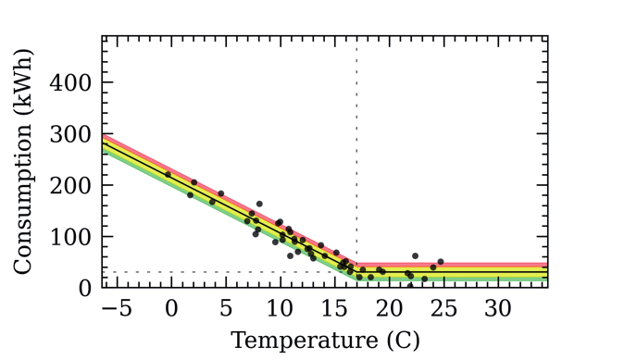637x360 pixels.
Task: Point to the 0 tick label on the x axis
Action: pos(170,307)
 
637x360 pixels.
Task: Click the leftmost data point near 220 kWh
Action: pos(168,174)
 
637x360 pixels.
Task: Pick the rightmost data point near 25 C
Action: pos(441,262)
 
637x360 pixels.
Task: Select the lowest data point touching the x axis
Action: pos(410,286)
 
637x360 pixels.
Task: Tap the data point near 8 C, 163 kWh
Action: pos(259,204)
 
